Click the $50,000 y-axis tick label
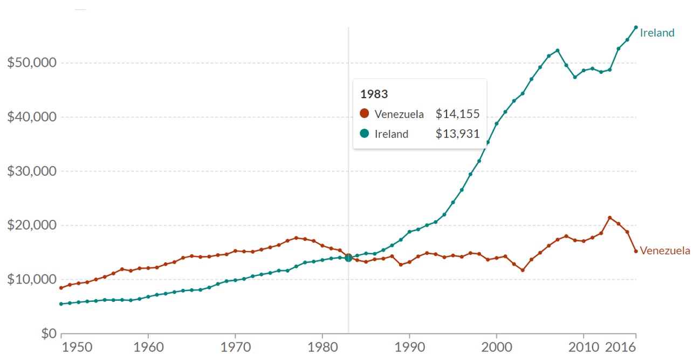coord(32,63)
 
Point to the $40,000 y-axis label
coord(32,117)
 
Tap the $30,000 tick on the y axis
coord(32,171)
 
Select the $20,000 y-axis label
coord(32,225)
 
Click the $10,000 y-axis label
coord(32,280)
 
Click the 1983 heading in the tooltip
coord(374,94)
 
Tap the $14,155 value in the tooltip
coord(457,114)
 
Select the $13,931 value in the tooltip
coord(457,134)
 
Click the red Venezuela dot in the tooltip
coord(365,114)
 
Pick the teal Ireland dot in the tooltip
coord(365,134)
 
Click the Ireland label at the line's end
coord(657,33)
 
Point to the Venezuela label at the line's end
coord(664,251)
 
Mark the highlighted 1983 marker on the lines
coord(348,258)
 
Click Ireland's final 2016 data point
coord(636,27)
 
